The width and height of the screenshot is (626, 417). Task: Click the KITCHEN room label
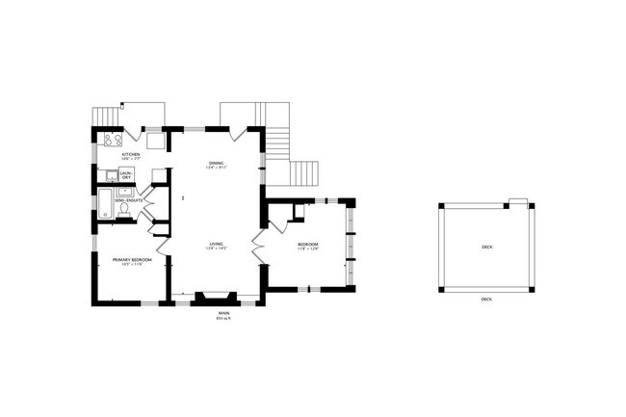[130, 154]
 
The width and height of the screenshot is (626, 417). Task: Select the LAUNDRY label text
[126, 175]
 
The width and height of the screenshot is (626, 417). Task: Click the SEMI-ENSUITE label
[129, 200]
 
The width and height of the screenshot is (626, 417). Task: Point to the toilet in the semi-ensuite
[123, 212]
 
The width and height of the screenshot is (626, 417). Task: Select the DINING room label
[216, 164]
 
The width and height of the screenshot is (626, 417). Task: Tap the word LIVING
[217, 245]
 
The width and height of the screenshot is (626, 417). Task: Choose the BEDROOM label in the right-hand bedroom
[307, 245]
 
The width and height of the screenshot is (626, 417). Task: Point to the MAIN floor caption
[223, 312]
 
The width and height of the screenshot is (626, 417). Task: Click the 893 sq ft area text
[223, 319]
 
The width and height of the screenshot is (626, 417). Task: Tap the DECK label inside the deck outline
[486, 247]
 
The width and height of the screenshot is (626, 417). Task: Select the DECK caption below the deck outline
[486, 300]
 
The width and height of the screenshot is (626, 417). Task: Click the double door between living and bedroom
[257, 245]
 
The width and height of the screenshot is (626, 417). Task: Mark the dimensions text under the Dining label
[216, 169]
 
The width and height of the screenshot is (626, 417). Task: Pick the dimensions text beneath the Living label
[217, 250]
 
